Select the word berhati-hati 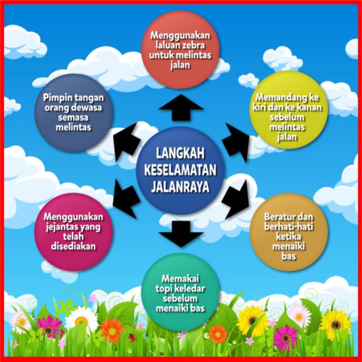point(288,227)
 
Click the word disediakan point(72,247)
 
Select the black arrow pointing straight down point(181,233)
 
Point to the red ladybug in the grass point(132,337)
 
